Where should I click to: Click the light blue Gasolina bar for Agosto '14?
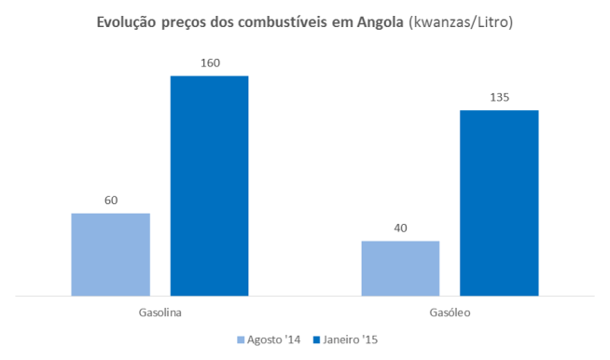(110, 255)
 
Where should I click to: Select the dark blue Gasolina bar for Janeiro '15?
(209, 186)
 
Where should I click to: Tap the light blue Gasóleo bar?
(400, 269)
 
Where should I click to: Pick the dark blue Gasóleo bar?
(499, 203)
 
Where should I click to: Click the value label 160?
(209, 63)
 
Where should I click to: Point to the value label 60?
(110, 201)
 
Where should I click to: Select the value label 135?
(499, 98)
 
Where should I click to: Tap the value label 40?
(400, 228)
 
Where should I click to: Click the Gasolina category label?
(159, 313)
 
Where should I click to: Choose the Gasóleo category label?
(450, 313)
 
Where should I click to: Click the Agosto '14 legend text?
(276, 339)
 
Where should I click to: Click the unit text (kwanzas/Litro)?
(458, 20)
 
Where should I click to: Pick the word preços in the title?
(188, 21)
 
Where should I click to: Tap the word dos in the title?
(227, 20)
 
